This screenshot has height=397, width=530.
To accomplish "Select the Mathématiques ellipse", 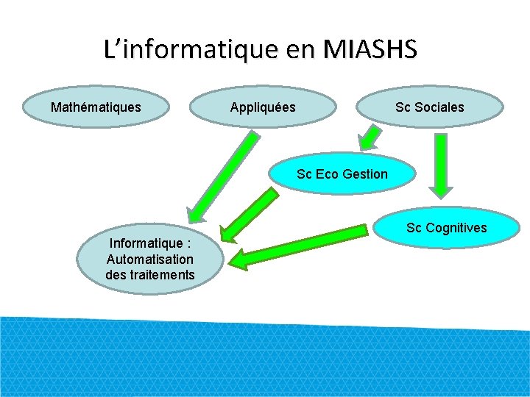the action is pyautogui.click(x=96, y=107).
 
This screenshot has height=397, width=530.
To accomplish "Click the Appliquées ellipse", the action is pyautogui.click(x=263, y=107).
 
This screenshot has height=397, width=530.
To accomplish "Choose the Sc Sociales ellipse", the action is pyautogui.click(x=430, y=107).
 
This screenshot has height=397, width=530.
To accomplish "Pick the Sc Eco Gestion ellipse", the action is pyautogui.click(x=342, y=174).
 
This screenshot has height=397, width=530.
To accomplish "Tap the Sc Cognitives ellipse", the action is pyautogui.click(x=446, y=228).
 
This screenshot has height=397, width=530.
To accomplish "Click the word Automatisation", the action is pyautogui.click(x=150, y=259).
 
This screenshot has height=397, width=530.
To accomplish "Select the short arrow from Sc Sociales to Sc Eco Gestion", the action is pyautogui.click(x=369, y=139).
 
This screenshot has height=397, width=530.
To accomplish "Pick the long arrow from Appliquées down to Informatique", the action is pyautogui.click(x=221, y=176).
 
